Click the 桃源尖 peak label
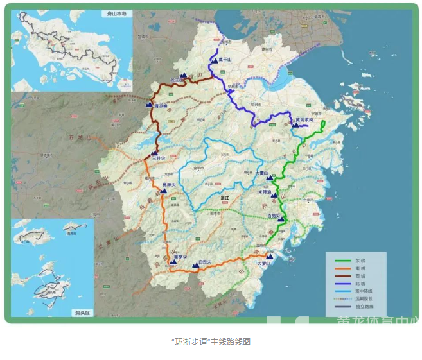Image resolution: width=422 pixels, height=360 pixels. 169,184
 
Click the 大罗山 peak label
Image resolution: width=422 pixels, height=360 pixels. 265,262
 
